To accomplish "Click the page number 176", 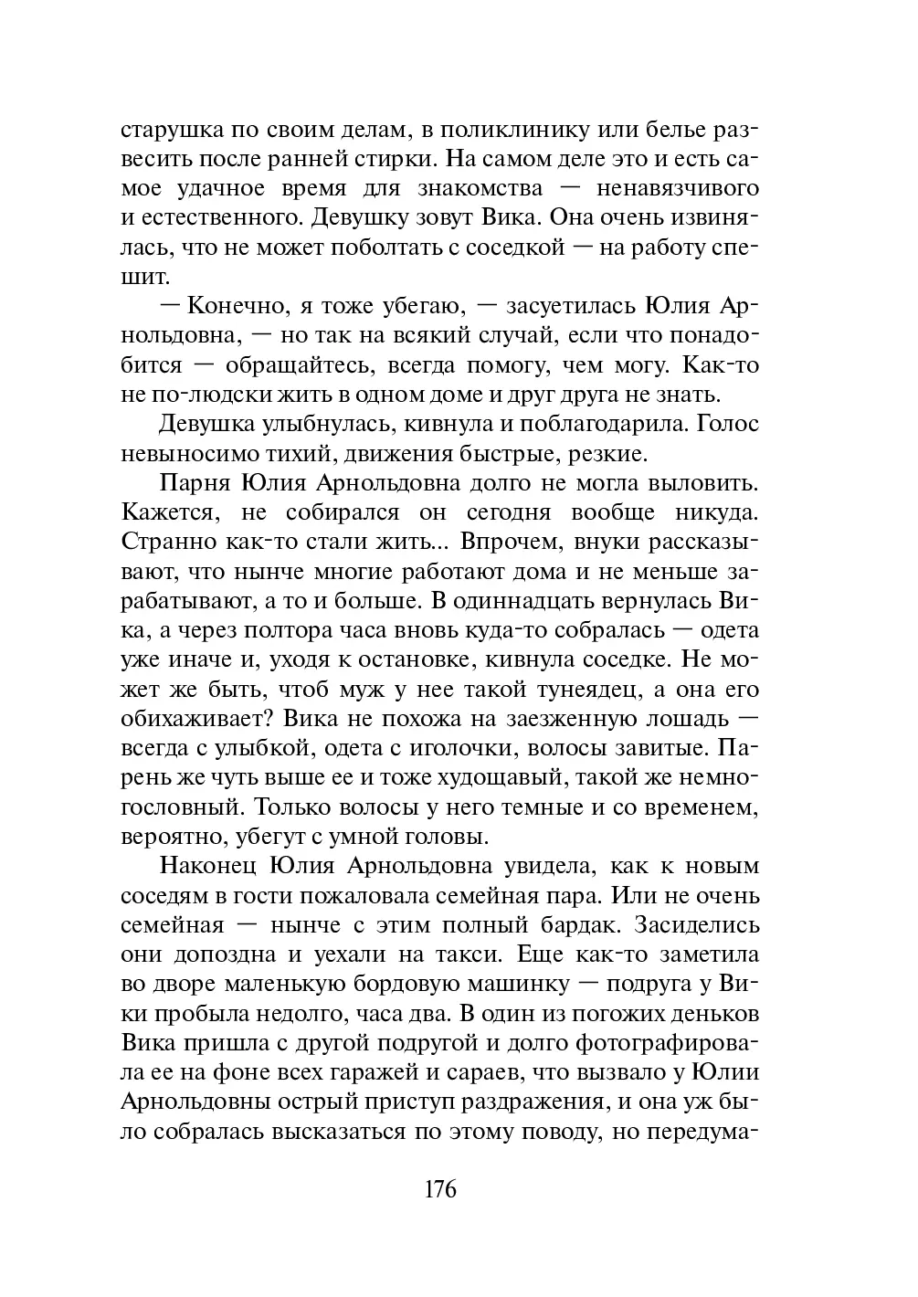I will point(439,1190).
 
